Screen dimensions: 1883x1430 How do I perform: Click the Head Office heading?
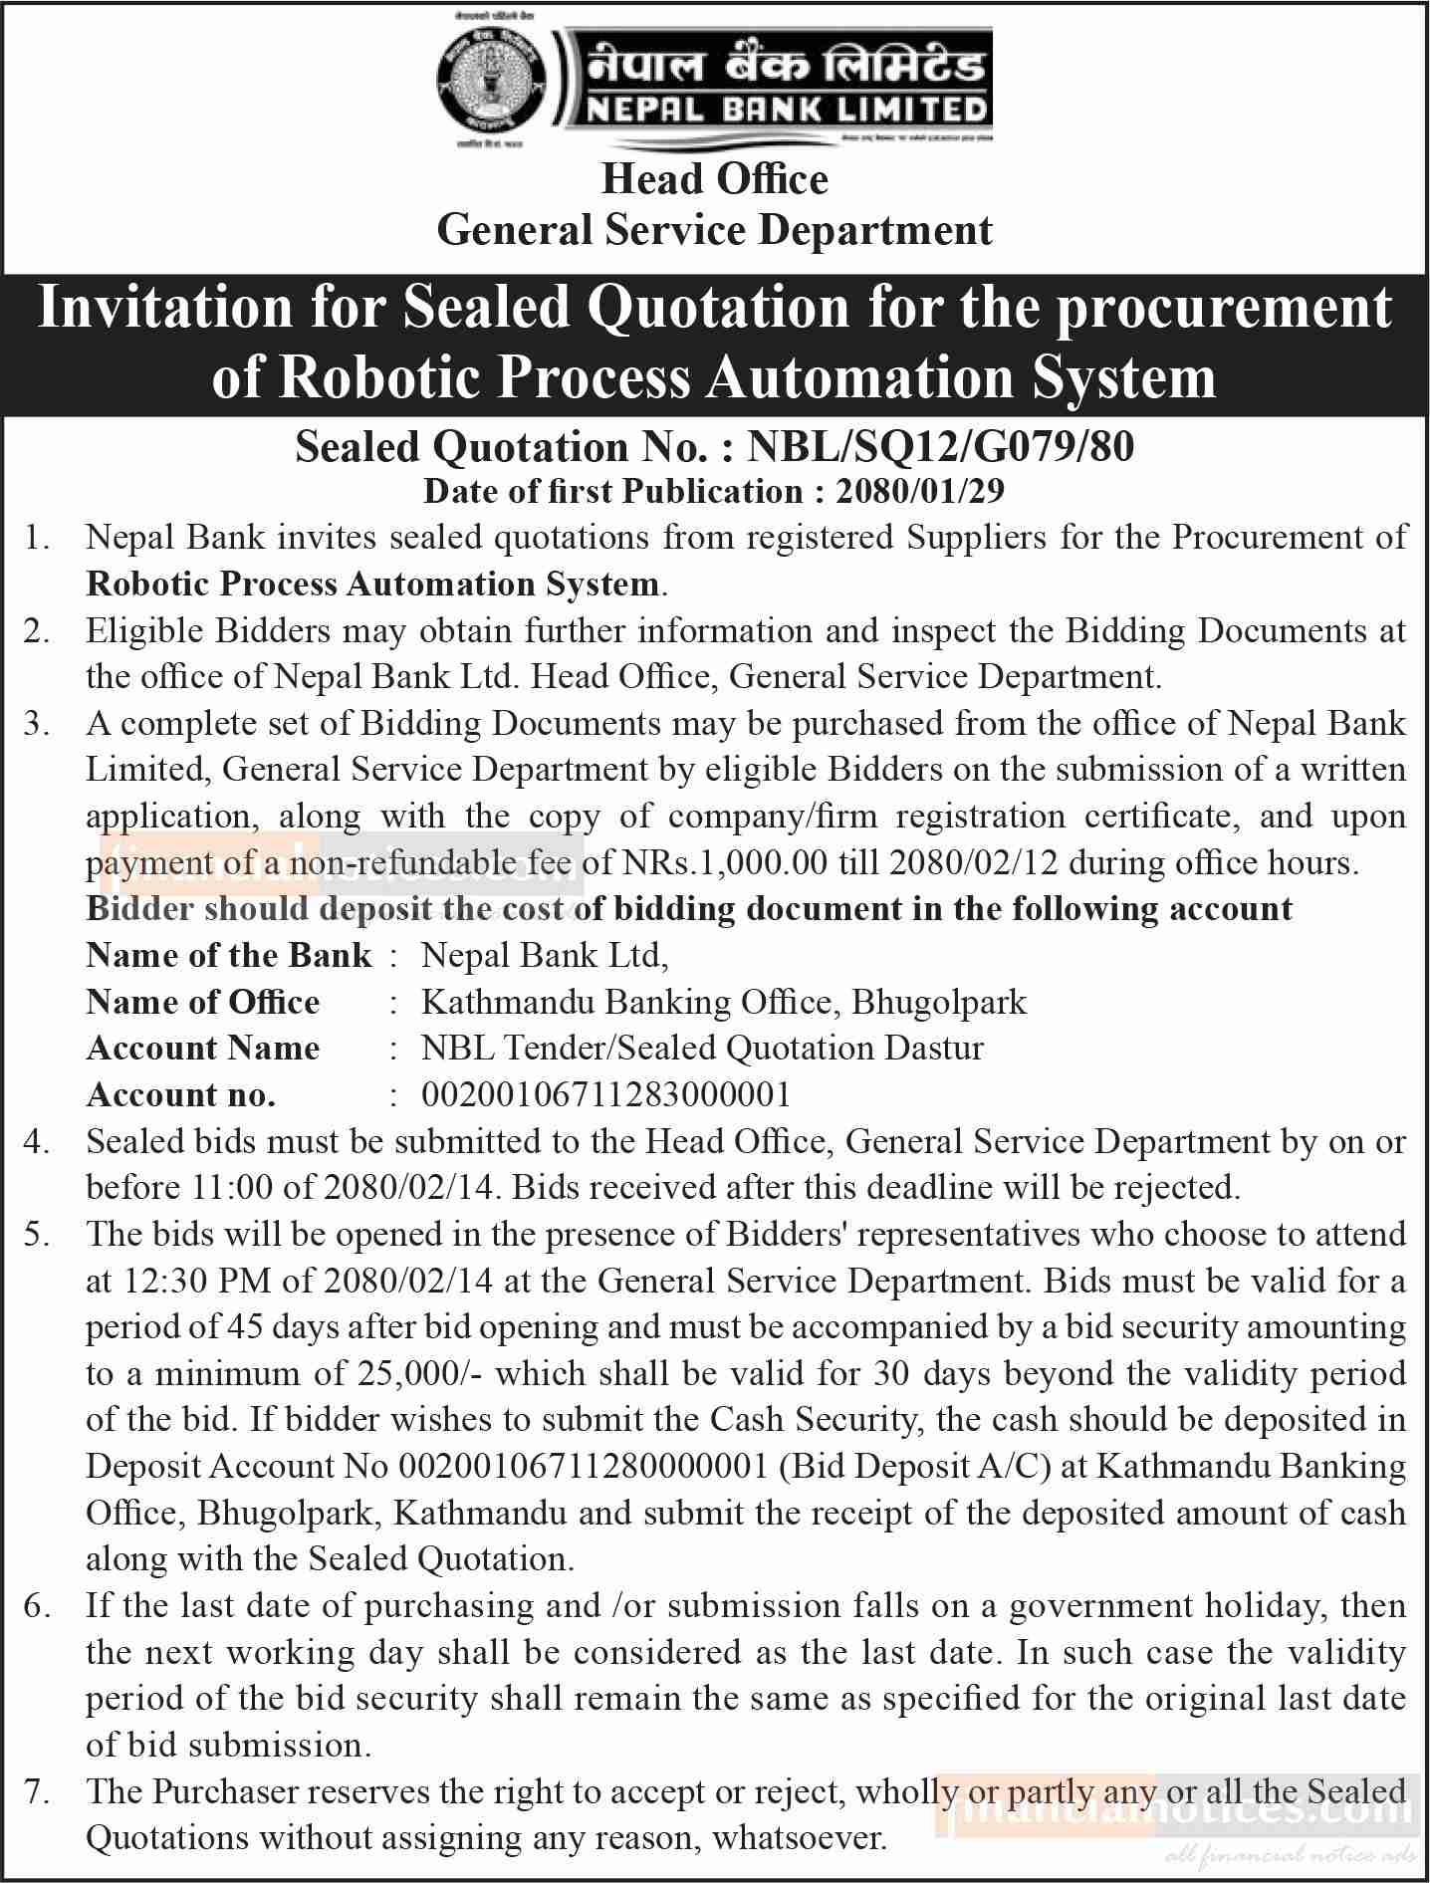714,179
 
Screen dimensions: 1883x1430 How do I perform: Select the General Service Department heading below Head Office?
714,231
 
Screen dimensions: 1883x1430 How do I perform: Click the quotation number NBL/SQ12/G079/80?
940,447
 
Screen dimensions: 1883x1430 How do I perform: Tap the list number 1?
37,538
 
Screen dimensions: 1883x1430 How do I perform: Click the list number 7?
37,1791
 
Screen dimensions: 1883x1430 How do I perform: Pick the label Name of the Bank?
229,955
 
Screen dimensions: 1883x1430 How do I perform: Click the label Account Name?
203,1048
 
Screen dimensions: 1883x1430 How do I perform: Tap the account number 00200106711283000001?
605,1094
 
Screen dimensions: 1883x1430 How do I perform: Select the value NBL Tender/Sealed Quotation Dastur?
702,1048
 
